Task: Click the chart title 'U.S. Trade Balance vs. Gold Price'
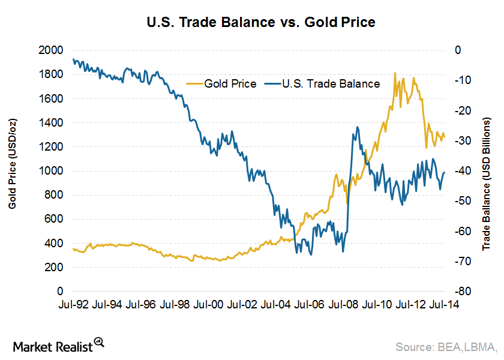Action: click(252, 23)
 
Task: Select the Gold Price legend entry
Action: click(223, 84)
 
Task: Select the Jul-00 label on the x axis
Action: click(209, 305)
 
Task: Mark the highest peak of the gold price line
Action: click(395, 73)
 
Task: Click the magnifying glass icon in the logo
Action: click(100, 342)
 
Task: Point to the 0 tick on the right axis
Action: click(458, 50)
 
